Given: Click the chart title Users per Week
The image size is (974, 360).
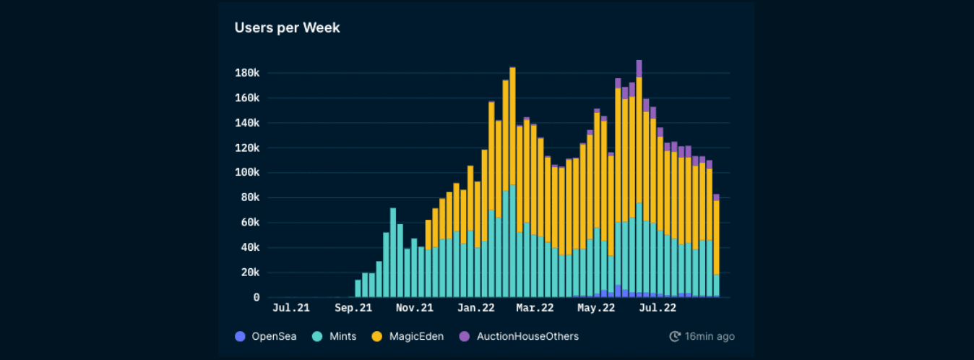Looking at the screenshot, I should (287, 27).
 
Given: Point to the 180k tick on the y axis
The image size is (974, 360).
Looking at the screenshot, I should (246, 73).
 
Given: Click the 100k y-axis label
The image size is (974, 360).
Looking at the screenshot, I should (246, 173).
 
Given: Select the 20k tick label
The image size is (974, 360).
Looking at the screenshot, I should (249, 273).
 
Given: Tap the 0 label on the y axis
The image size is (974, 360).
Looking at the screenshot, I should (256, 297).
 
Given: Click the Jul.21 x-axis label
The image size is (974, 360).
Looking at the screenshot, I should (291, 308).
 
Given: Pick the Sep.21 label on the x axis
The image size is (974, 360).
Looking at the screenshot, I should (353, 308).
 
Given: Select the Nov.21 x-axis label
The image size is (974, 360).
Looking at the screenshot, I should (415, 308).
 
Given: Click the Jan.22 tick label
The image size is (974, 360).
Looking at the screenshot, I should (476, 308).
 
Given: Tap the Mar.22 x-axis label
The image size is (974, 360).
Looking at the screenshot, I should (535, 308).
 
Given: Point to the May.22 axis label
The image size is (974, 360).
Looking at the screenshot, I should (597, 308).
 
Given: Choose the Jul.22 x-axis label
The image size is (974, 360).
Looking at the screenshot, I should (658, 308).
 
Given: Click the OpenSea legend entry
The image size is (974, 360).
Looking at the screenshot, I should (261, 336).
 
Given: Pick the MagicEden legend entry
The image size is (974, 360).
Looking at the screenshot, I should (409, 336).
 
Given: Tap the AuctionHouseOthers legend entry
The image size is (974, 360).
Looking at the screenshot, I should (520, 336).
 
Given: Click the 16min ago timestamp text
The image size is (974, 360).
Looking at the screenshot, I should (710, 336).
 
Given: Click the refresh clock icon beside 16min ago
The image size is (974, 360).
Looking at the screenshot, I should (675, 336).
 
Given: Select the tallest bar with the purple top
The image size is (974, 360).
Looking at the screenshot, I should (639, 181).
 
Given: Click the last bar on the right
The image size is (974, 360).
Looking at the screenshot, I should (716, 246).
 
